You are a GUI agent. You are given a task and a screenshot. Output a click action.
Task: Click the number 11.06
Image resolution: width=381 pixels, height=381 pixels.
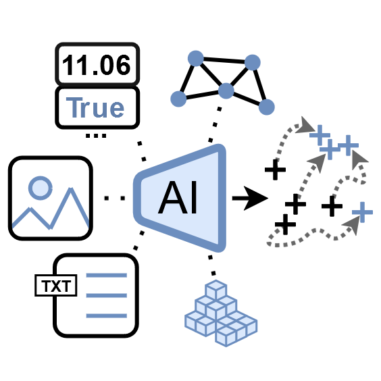(97, 65)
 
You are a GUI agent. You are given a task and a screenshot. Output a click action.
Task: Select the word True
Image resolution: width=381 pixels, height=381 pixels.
(95, 107)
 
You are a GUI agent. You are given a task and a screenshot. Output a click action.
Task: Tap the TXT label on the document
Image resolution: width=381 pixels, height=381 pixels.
(56, 286)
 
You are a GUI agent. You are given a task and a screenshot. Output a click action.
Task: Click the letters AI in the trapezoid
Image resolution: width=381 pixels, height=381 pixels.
(178, 197)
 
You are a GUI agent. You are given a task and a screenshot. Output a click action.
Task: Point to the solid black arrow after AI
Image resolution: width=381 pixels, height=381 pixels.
(250, 199)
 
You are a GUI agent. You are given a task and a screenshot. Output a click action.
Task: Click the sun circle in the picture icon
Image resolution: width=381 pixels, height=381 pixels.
(41, 188)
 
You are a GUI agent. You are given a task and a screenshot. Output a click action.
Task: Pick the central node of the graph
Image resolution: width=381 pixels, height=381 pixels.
(226, 91)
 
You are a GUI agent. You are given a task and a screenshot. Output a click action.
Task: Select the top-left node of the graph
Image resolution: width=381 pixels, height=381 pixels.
(196, 59)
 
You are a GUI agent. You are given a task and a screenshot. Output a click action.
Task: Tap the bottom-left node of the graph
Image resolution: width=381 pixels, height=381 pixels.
(178, 99)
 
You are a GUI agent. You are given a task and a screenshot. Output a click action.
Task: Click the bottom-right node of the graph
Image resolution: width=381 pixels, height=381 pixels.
(267, 107)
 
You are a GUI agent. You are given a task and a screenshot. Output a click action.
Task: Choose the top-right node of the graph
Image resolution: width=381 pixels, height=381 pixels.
(253, 63)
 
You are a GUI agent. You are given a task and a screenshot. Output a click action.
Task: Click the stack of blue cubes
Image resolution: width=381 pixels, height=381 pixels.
(221, 313)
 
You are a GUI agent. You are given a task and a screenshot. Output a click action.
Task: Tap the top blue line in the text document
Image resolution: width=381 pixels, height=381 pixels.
(107, 276)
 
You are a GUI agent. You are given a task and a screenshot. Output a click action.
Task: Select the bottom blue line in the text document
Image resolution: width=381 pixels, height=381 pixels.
(107, 315)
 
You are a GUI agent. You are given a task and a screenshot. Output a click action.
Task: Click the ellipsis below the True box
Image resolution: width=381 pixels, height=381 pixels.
(96, 136)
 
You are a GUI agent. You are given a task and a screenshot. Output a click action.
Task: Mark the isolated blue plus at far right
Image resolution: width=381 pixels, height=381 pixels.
(362, 212)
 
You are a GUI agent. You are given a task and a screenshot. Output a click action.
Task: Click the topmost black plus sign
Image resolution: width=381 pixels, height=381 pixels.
(275, 170)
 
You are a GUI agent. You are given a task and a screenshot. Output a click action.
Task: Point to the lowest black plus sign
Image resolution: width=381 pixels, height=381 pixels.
(285, 224)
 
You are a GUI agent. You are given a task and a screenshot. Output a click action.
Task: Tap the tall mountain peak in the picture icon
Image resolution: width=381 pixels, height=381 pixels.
(71, 189)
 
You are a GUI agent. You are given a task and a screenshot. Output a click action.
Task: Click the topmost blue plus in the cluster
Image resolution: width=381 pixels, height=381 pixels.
(320, 135)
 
